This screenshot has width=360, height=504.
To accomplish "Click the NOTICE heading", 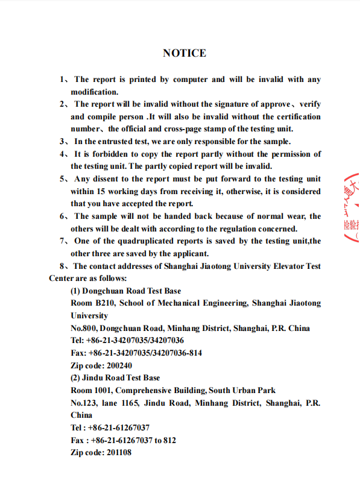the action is (x=184, y=53).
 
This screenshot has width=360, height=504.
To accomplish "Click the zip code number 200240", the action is (x=119, y=365).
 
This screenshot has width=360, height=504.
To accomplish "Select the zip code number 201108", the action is (x=119, y=452).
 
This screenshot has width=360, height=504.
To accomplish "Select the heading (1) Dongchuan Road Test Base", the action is (x=125, y=291).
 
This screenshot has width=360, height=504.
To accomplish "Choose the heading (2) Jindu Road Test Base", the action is (x=115, y=377).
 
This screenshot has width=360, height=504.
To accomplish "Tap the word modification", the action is (x=94, y=92).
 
